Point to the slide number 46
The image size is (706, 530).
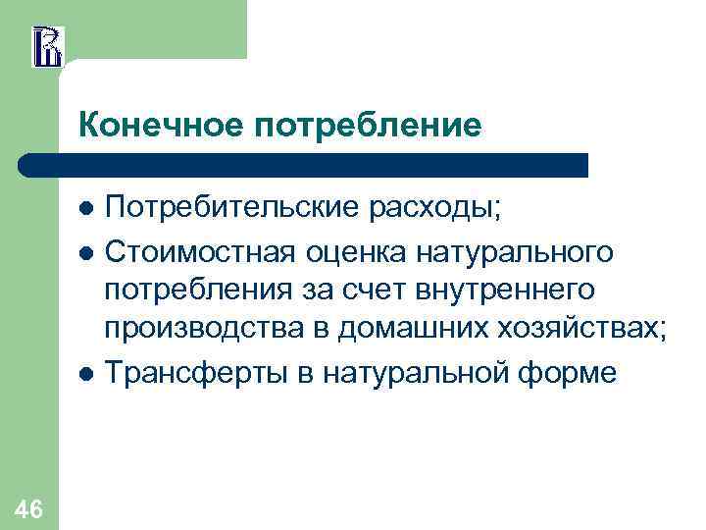29,508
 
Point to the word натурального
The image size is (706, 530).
519,252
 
